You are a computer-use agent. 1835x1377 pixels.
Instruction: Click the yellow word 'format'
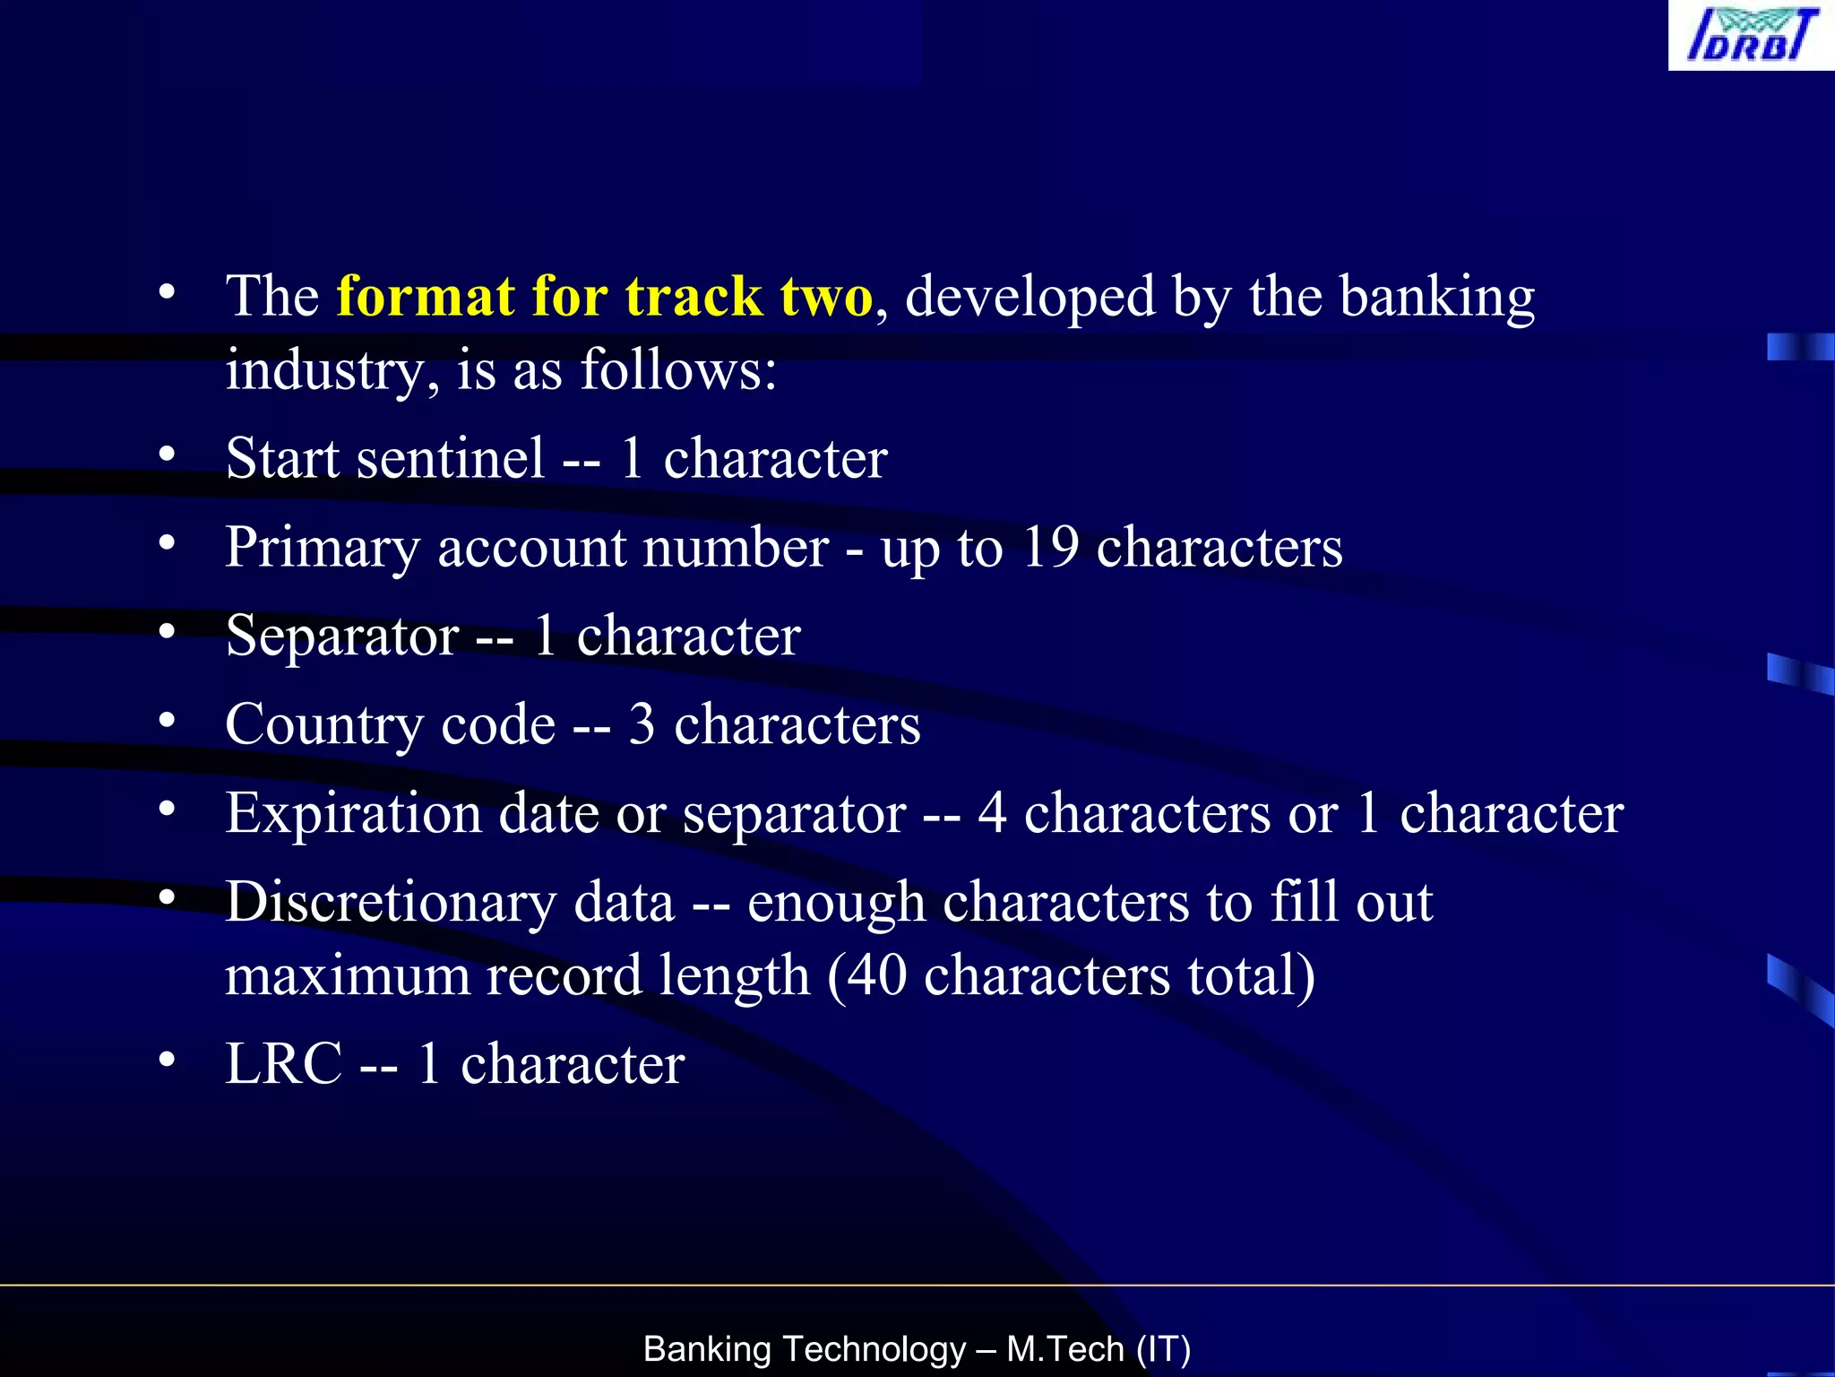[426, 297]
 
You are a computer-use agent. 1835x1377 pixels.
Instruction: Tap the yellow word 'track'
[693, 297]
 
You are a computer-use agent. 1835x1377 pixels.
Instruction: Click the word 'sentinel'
[450, 458]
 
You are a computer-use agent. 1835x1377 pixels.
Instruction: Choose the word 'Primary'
[322, 549]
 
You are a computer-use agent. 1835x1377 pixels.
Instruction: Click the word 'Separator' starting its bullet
[342, 637]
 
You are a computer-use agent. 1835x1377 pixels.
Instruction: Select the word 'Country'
[323, 725]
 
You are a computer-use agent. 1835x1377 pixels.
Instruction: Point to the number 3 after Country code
[642, 725]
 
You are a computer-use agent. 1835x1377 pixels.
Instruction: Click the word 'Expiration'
[353, 814]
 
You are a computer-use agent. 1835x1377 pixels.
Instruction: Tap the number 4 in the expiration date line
[992, 814]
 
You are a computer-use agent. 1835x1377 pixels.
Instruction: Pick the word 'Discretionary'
[390, 903]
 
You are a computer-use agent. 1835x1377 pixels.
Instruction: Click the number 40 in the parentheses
[876, 976]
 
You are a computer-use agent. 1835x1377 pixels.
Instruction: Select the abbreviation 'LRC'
[283, 1064]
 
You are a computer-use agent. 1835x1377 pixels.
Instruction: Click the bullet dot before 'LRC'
[167, 1060]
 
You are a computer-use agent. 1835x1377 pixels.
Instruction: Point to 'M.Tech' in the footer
[1064, 1349]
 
